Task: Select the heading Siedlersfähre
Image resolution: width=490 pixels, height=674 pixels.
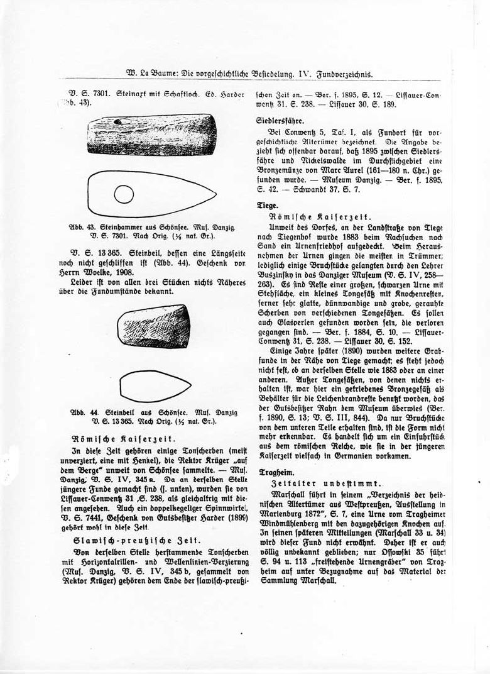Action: click(280, 119)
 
